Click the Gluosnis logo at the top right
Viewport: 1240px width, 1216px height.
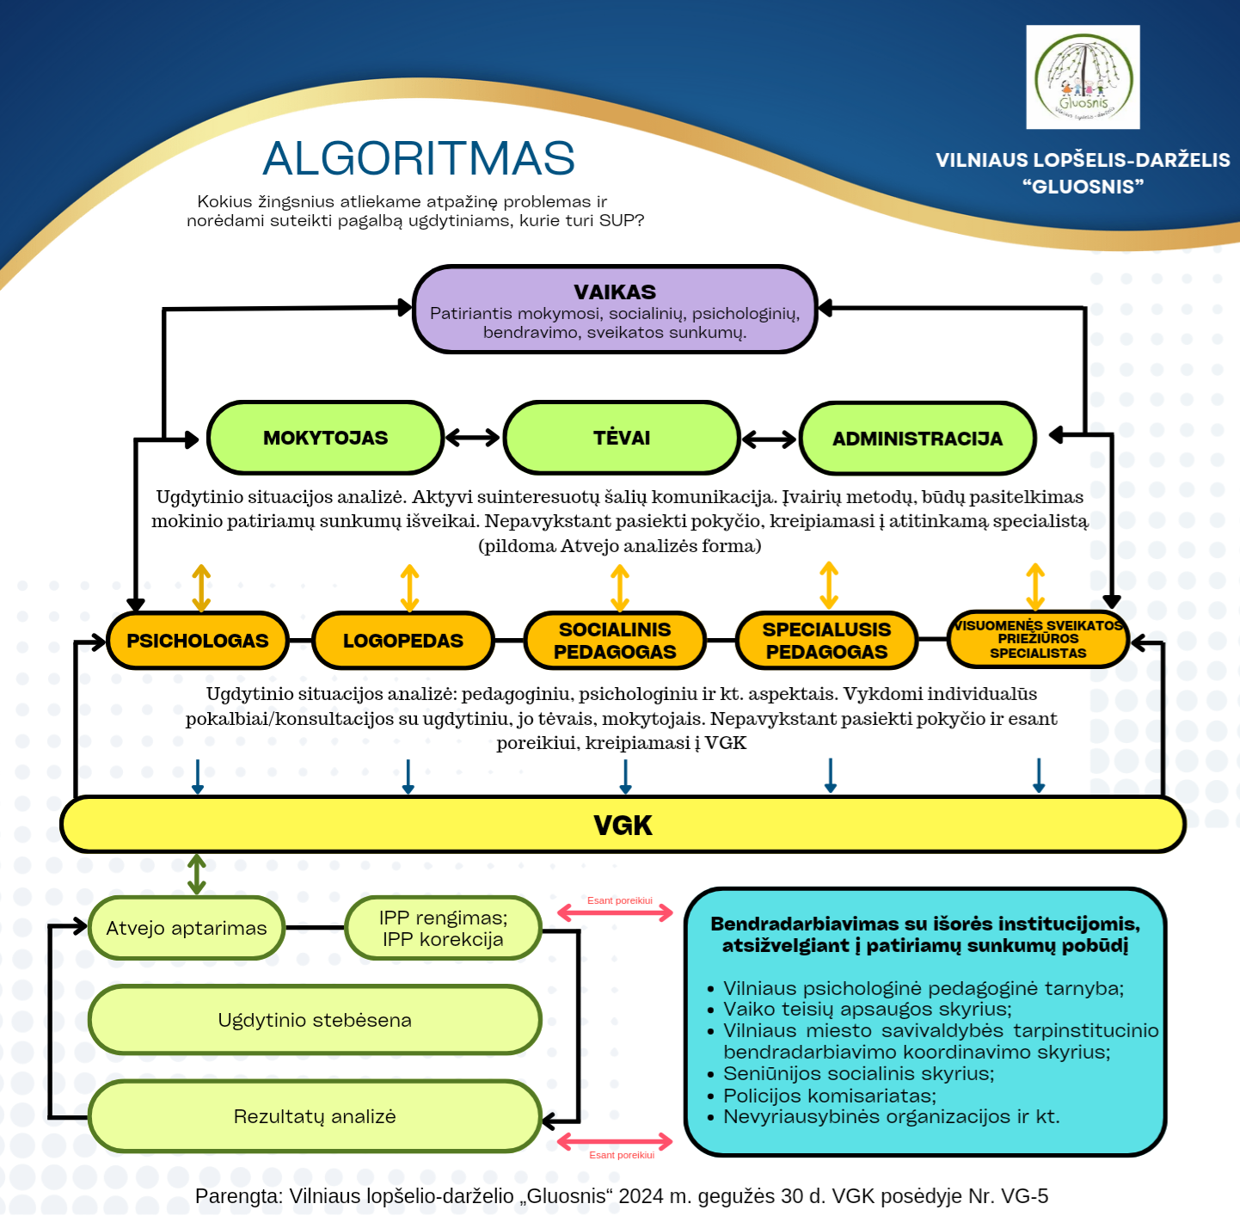point(1083,77)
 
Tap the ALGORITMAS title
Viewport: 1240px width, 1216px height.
point(419,159)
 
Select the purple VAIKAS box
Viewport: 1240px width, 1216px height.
point(614,310)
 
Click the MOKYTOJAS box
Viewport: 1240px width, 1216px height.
point(325,438)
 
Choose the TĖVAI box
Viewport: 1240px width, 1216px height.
point(621,438)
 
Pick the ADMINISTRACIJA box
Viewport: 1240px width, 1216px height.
point(917,439)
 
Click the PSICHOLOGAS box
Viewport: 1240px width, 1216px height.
point(197,641)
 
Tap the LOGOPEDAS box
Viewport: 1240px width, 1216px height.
point(402,641)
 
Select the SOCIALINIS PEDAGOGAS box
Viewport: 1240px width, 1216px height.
point(615,641)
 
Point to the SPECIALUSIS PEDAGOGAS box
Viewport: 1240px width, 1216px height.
point(826,641)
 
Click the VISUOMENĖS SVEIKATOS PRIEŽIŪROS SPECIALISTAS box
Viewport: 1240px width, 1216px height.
point(1037,640)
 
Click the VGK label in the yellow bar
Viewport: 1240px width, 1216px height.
point(623,826)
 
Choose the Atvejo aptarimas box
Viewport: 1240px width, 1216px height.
point(186,928)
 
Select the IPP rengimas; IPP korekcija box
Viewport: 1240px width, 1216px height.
point(443,928)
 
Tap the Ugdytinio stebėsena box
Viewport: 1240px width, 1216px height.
point(315,1020)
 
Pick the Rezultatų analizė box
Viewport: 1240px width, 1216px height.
point(315,1116)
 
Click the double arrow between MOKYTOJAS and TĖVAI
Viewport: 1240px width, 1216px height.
point(473,438)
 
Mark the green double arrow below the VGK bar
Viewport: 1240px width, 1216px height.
point(197,875)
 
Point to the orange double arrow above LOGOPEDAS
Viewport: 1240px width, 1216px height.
point(410,588)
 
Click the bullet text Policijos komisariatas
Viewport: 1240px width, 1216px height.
point(829,1096)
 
